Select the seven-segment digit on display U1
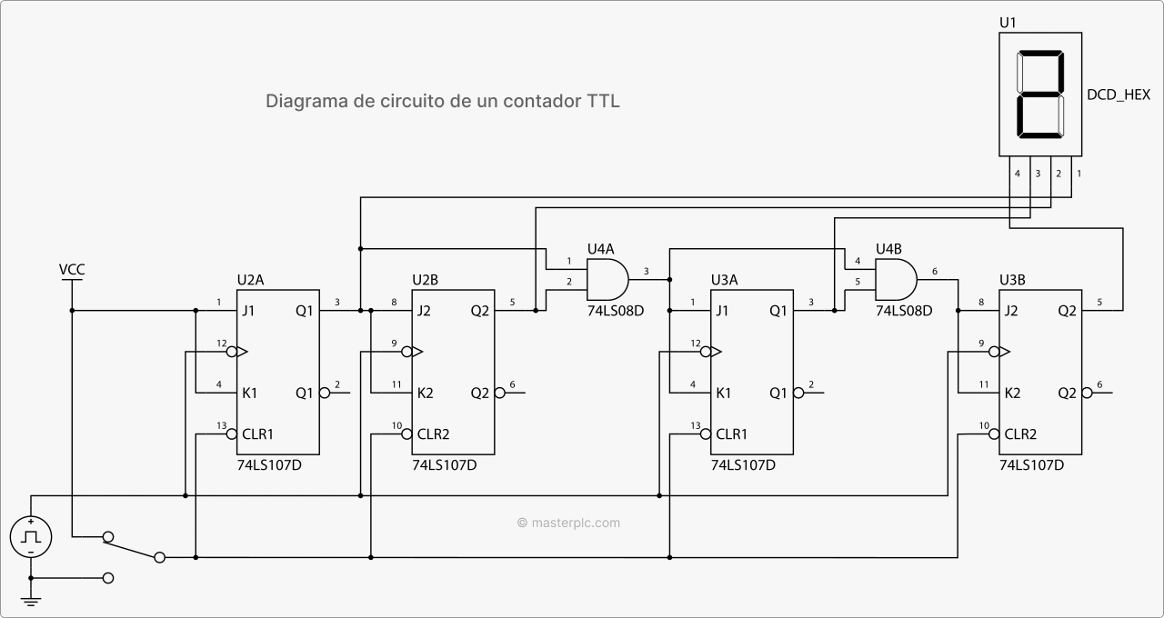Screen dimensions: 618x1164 tap(1039, 95)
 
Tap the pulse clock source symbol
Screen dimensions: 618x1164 tap(31, 536)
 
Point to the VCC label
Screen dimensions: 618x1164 tap(72, 270)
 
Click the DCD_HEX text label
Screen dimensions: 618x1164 tap(1118, 95)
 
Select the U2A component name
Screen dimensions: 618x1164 tap(251, 280)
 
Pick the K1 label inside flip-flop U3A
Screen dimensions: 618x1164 tap(723, 394)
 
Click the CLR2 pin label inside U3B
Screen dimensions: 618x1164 tap(1020, 434)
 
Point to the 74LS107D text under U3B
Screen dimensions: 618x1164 tap(1031, 464)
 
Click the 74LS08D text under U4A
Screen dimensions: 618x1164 tap(615, 311)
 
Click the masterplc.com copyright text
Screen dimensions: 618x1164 tap(568, 523)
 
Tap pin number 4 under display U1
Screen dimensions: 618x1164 tap(1018, 173)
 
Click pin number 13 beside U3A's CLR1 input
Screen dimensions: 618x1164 tap(696, 425)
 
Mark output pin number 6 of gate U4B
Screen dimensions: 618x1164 tap(934, 271)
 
